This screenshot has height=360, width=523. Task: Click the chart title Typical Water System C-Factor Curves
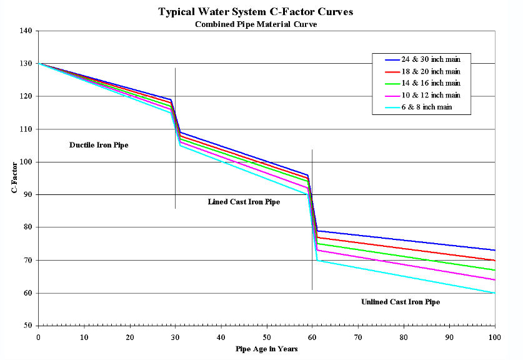261,12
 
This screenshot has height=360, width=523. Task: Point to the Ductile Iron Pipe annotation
102,145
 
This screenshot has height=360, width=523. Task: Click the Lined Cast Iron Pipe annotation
244,202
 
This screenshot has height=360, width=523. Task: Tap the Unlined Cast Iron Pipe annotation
401,302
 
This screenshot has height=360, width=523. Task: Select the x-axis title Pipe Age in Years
266,349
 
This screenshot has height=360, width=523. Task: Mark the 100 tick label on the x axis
495,336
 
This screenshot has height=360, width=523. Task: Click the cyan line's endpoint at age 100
495,292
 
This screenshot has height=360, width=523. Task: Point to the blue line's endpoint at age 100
495,250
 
